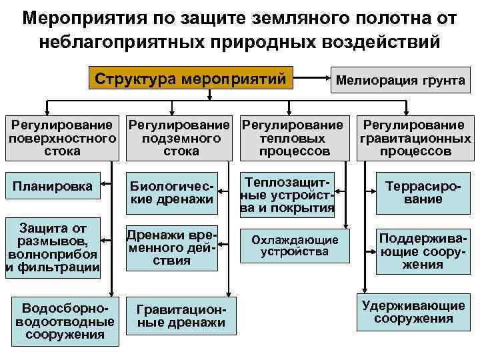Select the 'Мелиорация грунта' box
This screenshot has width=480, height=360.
pos(401,81)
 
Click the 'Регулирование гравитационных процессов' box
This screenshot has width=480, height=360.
pos(415,138)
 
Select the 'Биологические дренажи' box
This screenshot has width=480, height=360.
pos(172,192)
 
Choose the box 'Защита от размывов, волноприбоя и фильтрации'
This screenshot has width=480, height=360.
pos(53,247)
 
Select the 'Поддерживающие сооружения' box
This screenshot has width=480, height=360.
pos(414,251)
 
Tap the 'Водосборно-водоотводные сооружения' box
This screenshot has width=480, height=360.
pos(61,321)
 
